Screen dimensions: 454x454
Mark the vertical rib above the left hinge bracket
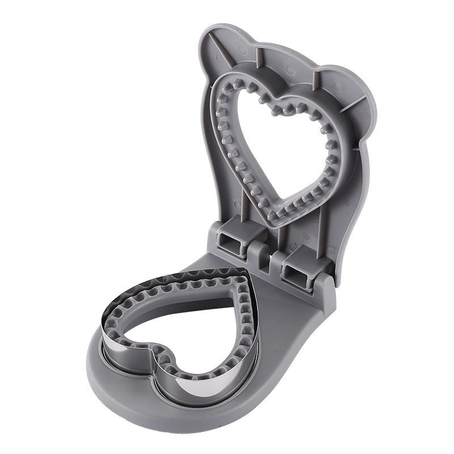pyautogui.click(x=244, y=199)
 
